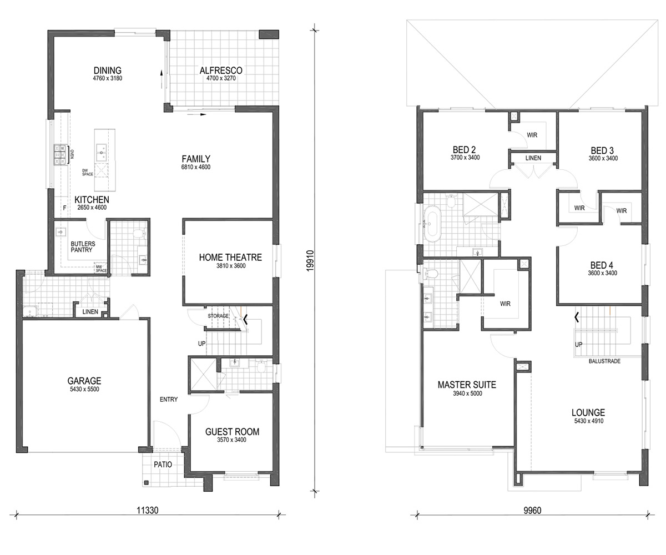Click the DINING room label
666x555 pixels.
pos(108,70)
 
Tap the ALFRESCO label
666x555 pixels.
pos(221,70)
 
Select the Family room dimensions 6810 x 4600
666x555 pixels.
pos(196,167)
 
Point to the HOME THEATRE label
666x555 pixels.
pos(230,257)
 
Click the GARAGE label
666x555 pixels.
pos(84,381)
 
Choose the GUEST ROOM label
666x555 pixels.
pos(232,432)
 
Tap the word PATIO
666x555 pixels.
pos(163,465)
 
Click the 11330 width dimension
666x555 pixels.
pos(148,511)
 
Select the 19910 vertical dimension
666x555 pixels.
pos(310,261)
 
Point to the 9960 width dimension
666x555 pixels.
pos(532,511)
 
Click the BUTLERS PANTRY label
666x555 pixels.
pos(83,247)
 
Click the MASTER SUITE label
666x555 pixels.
pos(467,385)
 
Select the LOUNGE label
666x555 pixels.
pos(588,412)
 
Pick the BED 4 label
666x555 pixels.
pos(602,265)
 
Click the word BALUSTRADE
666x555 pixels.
pos(604,361)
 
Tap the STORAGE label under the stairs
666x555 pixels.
pos(218,316)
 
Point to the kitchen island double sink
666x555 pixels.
pos(102,153)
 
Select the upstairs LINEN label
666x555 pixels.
pos(533,158)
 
